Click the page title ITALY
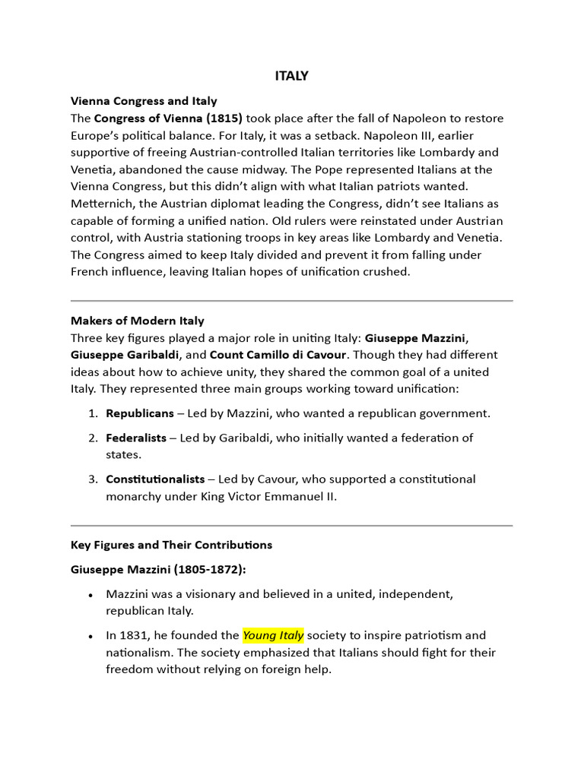click(291, 76)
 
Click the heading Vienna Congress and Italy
click(144, 100)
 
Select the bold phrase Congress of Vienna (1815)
click(168, 119)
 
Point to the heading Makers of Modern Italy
click(138, 321)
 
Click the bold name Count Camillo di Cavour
click(278, 355)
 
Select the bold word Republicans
click(141, 413)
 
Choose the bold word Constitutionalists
click(155, 479)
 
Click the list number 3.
click(91, 479)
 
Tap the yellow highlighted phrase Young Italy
click(273, 635)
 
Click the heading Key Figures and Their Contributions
click(171, 545)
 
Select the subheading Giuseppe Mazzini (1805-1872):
click(158, 569)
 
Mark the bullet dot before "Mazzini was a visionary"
click(91, 595)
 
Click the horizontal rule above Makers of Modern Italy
click(291, 301)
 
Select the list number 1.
click(91, 414)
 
